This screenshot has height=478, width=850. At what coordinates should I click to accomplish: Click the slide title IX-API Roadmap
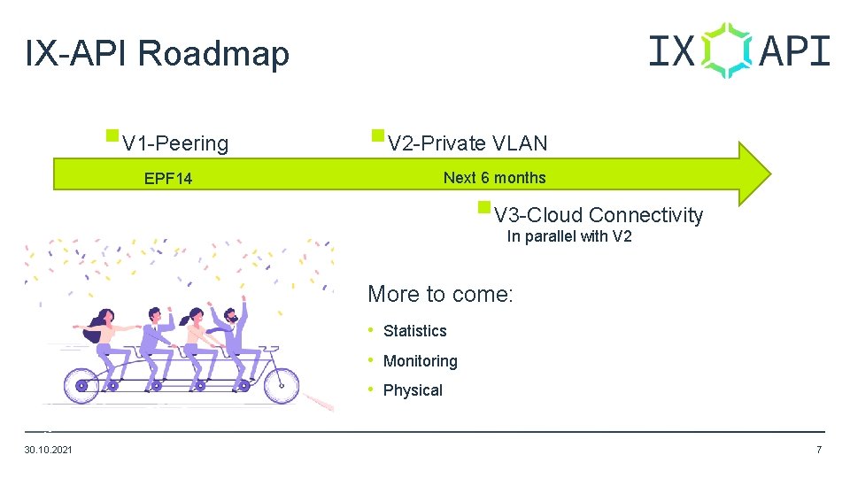158,54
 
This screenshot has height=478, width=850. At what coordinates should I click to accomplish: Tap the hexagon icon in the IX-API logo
726,50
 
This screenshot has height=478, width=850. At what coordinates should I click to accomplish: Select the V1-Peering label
175,143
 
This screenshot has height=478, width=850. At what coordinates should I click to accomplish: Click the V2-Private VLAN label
467,143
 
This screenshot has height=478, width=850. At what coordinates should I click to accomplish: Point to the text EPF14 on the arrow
168,179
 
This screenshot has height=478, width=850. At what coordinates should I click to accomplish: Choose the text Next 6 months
494,178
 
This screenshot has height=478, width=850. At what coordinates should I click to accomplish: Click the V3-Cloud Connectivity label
599,215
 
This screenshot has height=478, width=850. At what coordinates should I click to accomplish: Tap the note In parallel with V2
569,236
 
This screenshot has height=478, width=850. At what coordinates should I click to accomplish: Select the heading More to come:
440,294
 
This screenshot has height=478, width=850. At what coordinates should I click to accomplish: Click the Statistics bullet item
414,331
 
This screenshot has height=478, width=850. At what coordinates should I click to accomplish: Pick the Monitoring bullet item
420,361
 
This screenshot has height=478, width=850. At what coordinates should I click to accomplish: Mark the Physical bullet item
413,390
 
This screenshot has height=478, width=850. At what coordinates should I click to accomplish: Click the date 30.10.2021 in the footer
49,451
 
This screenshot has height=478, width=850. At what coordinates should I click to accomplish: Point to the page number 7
819,451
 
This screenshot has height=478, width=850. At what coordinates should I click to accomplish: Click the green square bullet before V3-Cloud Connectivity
483,208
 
